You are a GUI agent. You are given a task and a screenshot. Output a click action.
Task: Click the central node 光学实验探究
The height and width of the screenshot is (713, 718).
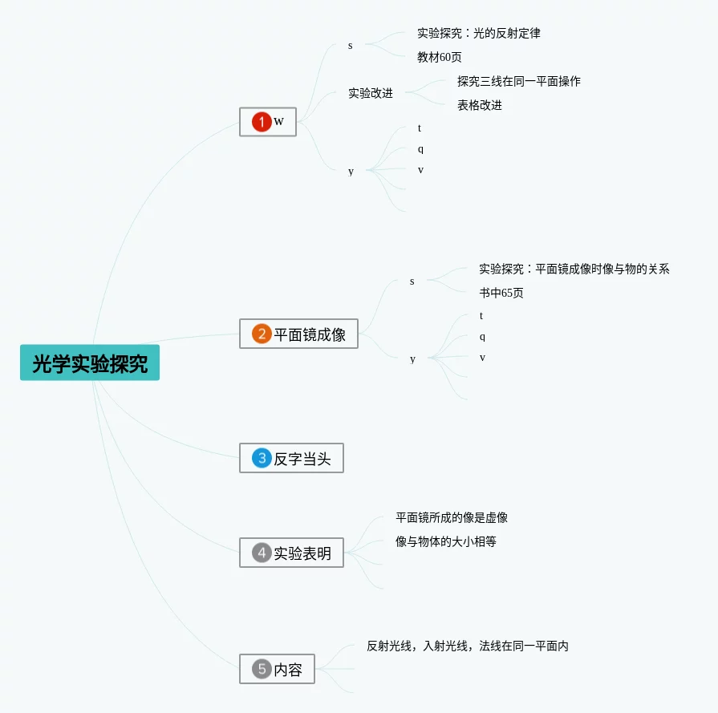90,363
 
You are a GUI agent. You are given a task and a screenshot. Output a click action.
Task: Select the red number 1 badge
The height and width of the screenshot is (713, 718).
262,122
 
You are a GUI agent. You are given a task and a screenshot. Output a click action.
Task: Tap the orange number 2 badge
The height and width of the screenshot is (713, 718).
262,334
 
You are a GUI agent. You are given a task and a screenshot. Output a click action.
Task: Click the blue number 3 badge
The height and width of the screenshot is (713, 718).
262,458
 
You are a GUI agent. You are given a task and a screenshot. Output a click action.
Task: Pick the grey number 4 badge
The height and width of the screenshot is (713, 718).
262,553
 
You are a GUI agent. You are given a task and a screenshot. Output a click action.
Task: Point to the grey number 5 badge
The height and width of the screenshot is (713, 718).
262,669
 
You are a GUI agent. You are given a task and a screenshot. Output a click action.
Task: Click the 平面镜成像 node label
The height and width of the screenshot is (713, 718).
310,334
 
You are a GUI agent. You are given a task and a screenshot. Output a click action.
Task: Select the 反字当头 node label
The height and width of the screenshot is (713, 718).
302,459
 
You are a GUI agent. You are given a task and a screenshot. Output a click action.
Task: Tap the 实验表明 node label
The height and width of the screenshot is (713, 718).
302,553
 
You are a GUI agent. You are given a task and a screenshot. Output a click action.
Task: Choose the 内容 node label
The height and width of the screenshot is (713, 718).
288,670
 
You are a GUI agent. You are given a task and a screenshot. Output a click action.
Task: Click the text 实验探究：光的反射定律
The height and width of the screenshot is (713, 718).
478,33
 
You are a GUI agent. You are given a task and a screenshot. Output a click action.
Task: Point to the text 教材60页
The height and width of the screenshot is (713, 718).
439,57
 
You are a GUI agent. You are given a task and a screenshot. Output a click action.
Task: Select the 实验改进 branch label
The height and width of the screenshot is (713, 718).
371,93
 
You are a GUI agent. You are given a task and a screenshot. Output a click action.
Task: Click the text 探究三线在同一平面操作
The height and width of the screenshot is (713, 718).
519,82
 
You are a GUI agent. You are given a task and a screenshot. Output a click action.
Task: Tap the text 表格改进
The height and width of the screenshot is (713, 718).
480,105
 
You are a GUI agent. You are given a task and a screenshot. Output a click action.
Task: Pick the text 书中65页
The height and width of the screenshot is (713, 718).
501,293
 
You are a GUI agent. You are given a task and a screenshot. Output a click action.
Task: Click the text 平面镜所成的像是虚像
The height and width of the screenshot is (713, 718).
452,517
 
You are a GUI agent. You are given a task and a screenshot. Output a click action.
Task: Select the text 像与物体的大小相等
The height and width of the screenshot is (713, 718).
445,541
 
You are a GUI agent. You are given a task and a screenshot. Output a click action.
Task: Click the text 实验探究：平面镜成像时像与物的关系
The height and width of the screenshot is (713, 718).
574,269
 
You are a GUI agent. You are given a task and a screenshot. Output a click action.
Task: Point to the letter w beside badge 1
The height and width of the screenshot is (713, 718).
278,122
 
